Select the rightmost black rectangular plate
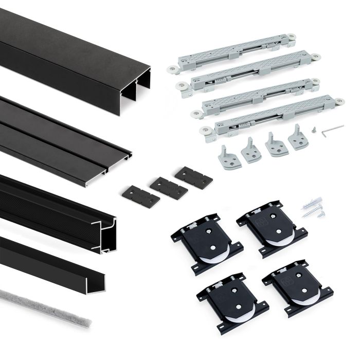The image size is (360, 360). click(193, 177)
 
